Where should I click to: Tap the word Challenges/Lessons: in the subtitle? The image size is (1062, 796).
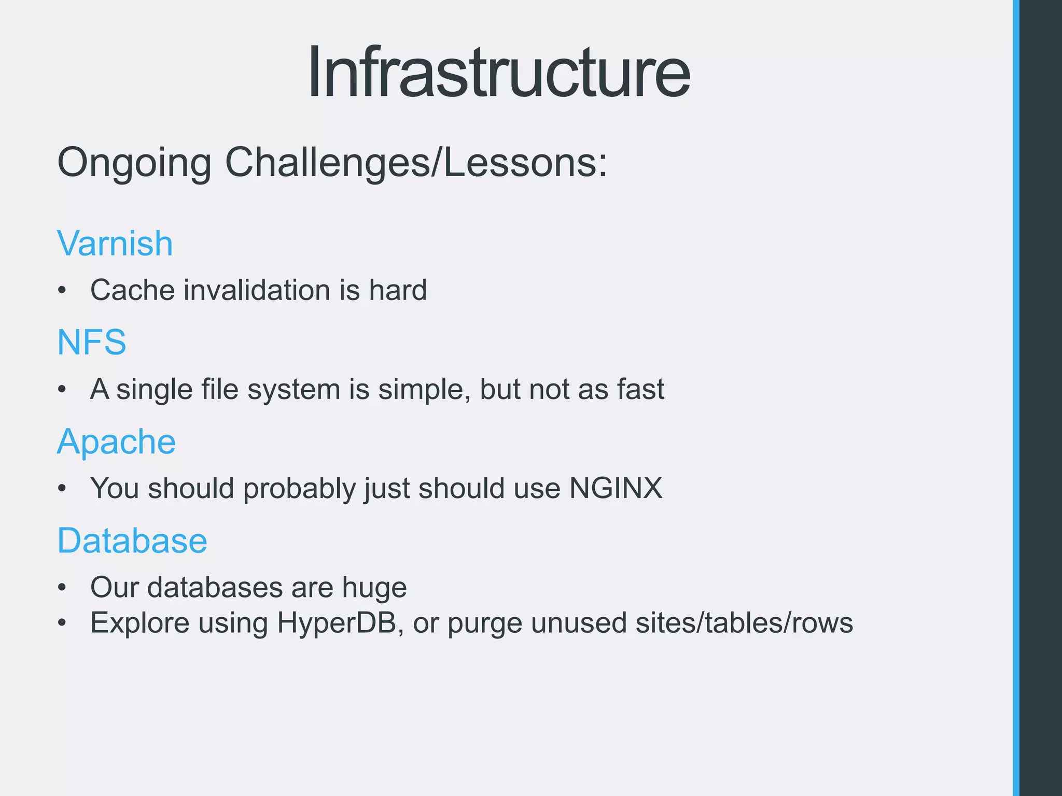[x=416, y=162]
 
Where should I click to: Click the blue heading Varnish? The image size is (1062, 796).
[x=115, y=244]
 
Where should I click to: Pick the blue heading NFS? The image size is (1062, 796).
[x=92, y=343]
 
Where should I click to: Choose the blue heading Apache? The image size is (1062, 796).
[x=117, y=442]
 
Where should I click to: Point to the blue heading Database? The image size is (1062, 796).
[x=132, y=541]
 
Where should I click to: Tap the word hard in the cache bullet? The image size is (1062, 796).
[x=398, y=290]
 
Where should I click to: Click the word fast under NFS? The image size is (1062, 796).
[x=640, y=389]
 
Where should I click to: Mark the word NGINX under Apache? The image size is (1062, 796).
[x=616, y=488]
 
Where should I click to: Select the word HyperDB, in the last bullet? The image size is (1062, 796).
[x=341, y=623]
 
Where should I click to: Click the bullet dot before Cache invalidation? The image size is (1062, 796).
[x=62, y=291]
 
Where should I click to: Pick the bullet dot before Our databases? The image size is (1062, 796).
[x=62, y=588]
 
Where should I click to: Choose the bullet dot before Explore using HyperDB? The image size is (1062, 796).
[x=62, y=623]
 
